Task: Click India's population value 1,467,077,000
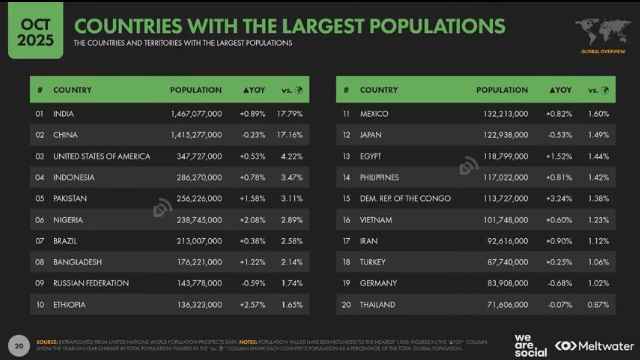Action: [196, 114]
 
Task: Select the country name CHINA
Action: [65, 135]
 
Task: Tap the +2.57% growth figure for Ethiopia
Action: [252, 305]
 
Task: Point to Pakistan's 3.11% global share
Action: [292, 199]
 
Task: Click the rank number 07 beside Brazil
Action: [40, 241]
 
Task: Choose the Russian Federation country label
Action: [91, 283]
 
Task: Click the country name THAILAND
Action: [377, 305]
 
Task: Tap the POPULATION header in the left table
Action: [195, 90]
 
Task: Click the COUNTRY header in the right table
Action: [379, 90]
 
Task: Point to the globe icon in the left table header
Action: [299, 90]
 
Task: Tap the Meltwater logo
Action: [595, 346]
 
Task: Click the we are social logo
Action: [531, 345]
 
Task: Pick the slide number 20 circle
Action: [19, 346]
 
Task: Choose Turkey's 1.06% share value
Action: [598, 262]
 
